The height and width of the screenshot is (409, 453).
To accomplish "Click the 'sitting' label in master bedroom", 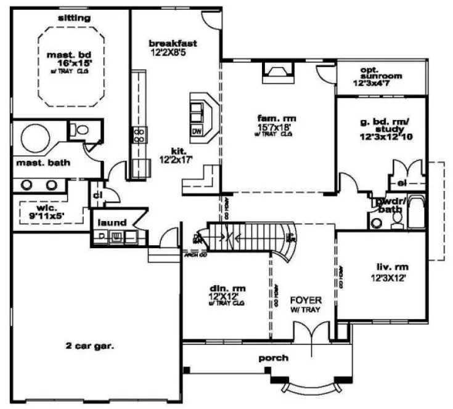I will (74, 18).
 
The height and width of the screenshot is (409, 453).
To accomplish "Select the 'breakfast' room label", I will (173, 43).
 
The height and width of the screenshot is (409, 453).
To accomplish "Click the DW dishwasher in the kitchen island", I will (197, 131).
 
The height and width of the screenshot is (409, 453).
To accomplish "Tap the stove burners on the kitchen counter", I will (140, 135).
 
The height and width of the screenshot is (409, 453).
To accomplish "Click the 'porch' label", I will (273, 358).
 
